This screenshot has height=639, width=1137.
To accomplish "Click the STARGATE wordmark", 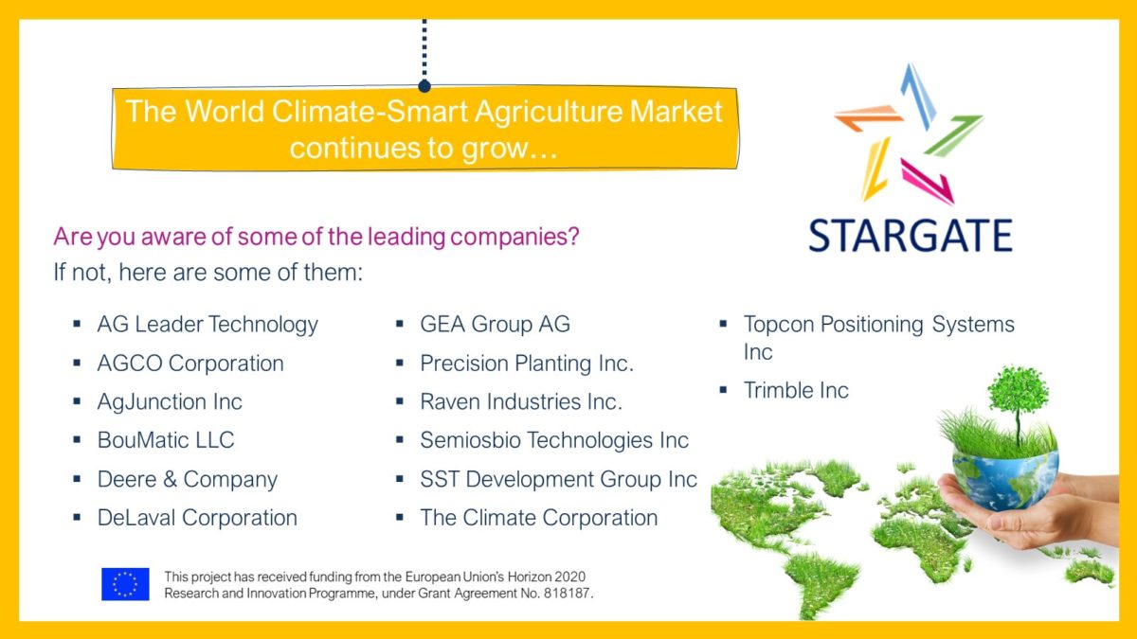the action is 911,236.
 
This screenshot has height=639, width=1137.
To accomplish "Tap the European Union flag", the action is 125,584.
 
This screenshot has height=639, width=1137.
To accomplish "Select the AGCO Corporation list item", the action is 190,364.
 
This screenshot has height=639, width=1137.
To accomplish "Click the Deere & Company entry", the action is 188,480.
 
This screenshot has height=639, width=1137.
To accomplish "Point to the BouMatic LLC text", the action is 166,440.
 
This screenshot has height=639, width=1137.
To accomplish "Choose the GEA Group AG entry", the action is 495,325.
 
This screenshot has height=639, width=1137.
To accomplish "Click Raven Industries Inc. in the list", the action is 521,401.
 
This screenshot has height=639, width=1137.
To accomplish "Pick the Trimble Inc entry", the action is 796,390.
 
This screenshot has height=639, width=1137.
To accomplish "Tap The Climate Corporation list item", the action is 538,518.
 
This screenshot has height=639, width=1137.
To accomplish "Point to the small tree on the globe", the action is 1018,400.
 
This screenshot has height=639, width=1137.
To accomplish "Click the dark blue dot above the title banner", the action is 424,87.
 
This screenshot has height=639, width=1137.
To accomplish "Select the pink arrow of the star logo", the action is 928,182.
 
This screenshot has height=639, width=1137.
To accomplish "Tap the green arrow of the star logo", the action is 953,135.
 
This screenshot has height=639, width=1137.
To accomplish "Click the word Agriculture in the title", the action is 548,112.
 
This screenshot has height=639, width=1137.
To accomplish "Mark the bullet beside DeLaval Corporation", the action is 77,518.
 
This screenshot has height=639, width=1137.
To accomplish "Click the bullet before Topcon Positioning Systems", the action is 723,324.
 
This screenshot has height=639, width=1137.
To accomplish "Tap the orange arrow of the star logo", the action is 869,117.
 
